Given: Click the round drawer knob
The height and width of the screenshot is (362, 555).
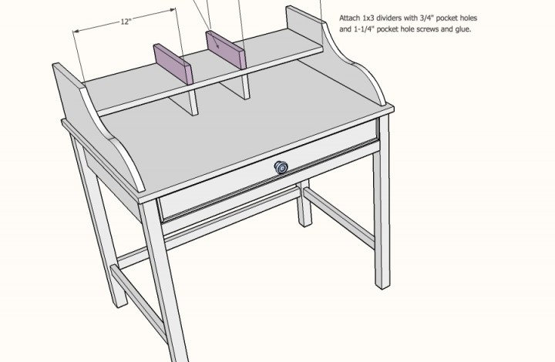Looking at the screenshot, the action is [281, 167].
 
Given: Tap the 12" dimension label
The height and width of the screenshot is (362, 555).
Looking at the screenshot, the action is [126, 22].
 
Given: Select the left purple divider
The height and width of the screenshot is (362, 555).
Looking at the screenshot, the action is [173, 64].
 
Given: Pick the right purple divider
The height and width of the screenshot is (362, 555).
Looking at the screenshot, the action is [226, 49].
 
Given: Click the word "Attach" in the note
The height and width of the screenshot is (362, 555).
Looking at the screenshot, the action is [350, 18].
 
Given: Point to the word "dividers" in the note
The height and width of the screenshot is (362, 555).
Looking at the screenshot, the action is [388, 18].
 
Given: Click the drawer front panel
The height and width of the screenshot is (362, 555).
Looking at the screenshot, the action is [269, 169].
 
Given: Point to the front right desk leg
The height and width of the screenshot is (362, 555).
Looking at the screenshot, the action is [382, 202].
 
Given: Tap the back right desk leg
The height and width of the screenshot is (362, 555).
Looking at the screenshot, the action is [304, 203].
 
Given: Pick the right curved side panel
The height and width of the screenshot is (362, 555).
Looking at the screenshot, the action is [336, 53].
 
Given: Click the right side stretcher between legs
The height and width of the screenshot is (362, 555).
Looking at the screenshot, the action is [339, 217].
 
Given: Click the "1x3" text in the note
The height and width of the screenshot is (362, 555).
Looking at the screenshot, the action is [368, 18].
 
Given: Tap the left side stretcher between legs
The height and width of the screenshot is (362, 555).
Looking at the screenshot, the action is [138, 303].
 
